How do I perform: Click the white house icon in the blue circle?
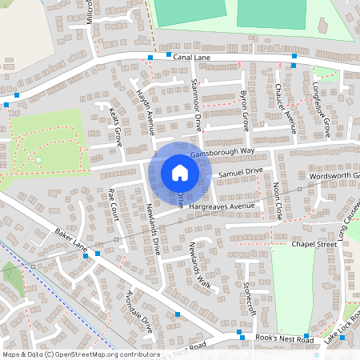(180, 172)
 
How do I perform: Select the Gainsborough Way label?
(245, 150)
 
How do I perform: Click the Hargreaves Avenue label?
(226, 206)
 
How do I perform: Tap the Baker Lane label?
(70, 238)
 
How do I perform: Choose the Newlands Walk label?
(198, 264)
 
